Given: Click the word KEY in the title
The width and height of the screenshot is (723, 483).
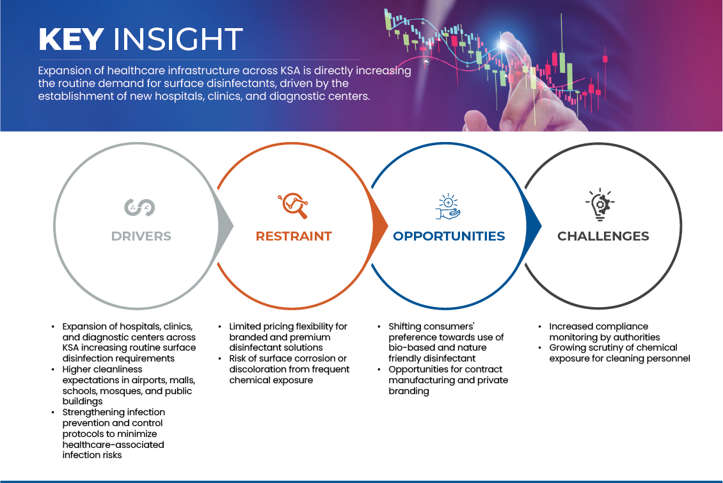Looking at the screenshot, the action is point(71,39).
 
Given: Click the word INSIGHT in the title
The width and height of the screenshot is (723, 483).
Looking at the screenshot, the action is point(178,39).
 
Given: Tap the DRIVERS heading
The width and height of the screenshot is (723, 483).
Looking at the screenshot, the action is point(141,236).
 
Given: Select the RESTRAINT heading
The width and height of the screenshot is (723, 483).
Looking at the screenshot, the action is point(294,236).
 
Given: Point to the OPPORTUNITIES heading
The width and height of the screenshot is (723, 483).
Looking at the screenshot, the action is point(449,236).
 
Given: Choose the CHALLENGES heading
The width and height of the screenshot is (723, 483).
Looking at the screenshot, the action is point(603,236).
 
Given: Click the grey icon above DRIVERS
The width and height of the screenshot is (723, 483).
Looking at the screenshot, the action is point(139,207).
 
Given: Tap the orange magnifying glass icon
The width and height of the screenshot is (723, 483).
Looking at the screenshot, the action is point(293,205).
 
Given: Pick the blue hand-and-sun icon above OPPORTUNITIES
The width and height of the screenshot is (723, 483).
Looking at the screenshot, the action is point(448,207).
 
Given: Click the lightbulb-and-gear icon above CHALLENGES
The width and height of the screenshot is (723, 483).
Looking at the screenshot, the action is point(600,205).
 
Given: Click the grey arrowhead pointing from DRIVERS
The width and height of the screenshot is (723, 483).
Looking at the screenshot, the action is point(225,226).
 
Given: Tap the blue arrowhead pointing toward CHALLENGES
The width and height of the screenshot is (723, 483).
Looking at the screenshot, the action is point(533,226).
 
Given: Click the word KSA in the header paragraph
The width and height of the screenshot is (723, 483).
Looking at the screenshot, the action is point(290,70).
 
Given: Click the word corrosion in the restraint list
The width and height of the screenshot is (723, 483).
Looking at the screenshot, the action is point(306,358).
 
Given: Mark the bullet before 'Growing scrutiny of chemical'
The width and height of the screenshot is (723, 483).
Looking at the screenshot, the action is point(540,347).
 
